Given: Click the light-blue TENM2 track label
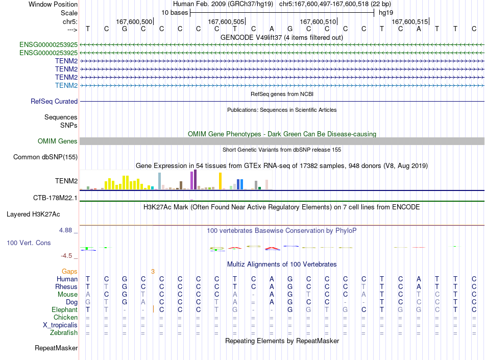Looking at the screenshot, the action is click(x=66, y=85).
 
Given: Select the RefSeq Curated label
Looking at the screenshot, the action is click(x=54, y=102).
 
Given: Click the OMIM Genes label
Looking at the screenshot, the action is click(x=58, y=141).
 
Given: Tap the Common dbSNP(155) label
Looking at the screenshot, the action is click(x=45, y=157).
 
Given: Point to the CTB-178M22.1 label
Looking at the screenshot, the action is click(x=55, y=198).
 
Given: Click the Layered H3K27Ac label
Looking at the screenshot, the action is click(x=33, y=214).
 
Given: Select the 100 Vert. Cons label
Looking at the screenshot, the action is click(x=29, y=243).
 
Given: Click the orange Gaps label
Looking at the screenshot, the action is click(x=69, y=271).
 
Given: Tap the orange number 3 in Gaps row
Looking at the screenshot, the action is click(x=153, y=272).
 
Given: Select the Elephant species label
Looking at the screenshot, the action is click(x=65, y=309).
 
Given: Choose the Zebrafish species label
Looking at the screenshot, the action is click(x=64, y=333).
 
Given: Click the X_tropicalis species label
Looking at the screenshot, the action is click(x=60, y=325).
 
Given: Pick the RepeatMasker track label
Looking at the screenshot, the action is click(x=56, y=348).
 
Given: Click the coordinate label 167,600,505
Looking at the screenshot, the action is click(x=226, y=21).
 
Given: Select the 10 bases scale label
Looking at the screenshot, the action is click(x=175, y=13).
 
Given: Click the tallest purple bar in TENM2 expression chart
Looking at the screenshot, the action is click(x=195, y=179).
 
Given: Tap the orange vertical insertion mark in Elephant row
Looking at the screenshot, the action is click(x=153, y=309).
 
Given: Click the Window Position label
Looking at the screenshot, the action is click(x=53, y=4).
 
